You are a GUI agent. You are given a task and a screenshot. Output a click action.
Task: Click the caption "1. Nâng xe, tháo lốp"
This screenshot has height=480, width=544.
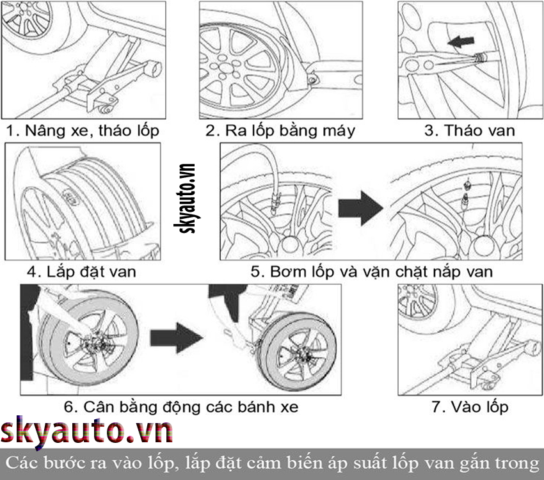83,131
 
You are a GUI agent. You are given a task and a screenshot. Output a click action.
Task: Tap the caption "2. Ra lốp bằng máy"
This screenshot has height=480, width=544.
280,131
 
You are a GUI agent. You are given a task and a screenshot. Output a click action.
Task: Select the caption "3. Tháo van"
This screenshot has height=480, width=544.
469,131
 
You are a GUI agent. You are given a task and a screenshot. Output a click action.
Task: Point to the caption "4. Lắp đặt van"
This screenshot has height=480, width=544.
81,271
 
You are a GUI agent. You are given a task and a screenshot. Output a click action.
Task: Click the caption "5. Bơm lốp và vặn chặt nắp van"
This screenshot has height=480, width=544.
372,271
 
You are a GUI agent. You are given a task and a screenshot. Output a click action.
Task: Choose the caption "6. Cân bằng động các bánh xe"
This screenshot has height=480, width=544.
180,407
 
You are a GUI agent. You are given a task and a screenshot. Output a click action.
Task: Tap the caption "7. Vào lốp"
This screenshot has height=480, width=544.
470,407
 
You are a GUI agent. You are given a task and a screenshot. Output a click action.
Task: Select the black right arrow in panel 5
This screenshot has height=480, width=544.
361,208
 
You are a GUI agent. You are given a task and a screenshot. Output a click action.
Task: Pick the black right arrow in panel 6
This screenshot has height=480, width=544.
177,338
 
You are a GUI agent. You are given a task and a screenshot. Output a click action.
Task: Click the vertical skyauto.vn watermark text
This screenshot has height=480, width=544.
184,198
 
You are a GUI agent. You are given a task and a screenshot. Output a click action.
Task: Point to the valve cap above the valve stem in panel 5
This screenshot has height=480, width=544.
467,185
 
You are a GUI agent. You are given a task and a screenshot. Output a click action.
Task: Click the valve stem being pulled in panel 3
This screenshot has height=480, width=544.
480,58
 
